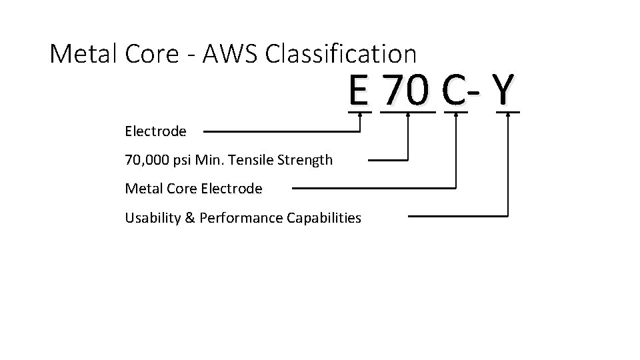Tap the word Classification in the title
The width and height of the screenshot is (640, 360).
[x=341, y=53]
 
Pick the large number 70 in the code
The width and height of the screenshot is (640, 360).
[x=407, y=91]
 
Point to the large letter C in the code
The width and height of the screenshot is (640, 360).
[x=453, y=91]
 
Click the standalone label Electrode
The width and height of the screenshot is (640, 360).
[x=155, y=131]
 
